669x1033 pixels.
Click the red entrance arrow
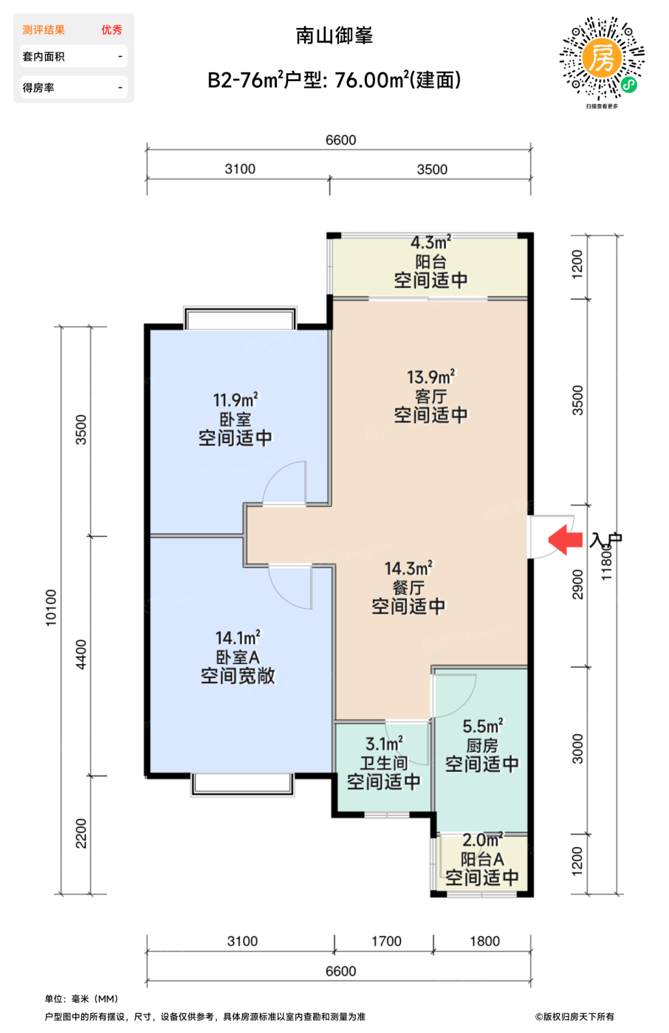(565, 539)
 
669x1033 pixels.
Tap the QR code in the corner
(602, 58)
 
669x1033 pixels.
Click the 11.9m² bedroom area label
(236, 400)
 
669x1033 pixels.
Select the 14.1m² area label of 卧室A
(238, 638)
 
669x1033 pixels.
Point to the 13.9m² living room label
(430, 377)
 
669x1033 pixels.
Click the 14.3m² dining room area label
(409, 568)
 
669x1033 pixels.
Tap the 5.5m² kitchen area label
(483, 726)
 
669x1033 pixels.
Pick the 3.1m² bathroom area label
(384, 744)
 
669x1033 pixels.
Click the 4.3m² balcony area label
(430, 243)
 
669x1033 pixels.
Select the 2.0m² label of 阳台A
(483, 840)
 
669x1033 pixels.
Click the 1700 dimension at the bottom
(386, 941)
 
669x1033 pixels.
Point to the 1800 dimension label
(484, 941)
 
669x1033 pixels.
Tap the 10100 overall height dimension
(51, 608)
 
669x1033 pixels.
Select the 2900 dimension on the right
(577, 584)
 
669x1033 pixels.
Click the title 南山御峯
(334, 35)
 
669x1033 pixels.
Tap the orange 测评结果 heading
(44, 30)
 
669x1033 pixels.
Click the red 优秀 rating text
(111, 30)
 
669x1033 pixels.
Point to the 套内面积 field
(73, 56)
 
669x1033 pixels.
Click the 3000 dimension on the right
(577, 750)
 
